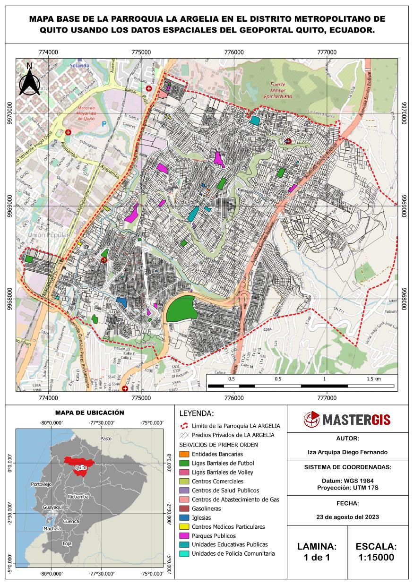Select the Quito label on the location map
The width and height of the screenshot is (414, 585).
[80, 468]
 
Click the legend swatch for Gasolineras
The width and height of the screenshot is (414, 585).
[184, 509]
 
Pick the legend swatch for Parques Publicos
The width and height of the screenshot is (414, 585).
[184, 536]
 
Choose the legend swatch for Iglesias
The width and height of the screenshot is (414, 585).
[184, 518]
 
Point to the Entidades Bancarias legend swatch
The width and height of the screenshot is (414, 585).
[184, 454]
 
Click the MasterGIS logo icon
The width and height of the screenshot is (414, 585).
[312, 419]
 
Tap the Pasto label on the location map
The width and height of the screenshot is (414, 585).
[106, 439]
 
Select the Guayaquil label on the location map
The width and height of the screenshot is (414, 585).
[53, 507]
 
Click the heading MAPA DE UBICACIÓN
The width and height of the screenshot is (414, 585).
[89, 413]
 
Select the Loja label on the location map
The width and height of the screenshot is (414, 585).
[67, 543]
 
